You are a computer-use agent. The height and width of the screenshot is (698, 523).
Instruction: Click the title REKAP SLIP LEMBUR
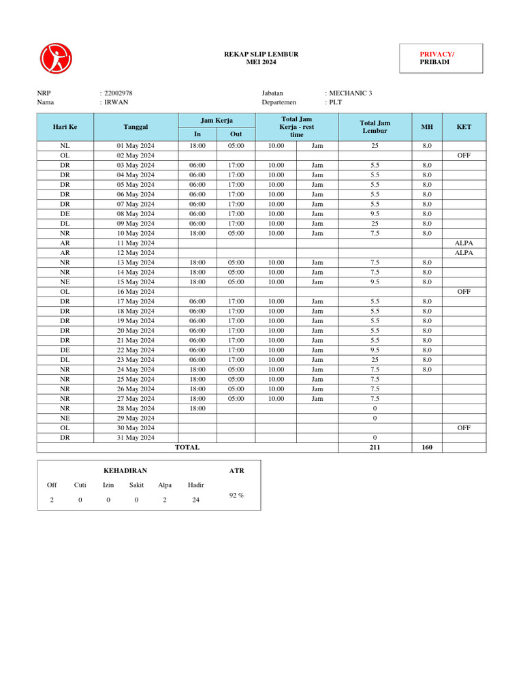261,54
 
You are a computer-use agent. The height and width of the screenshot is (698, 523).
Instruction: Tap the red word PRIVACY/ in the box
437,54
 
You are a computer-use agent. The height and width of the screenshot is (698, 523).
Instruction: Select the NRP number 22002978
118,93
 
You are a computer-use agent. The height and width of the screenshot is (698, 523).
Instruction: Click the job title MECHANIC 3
351,93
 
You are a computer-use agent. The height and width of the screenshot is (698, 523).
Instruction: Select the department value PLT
336,102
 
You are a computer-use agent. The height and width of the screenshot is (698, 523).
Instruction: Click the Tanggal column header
136,127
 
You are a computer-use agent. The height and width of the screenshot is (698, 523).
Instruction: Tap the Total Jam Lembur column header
375,127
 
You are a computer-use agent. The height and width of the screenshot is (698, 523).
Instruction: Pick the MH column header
426,127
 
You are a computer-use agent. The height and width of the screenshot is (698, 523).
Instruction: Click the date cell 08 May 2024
136,214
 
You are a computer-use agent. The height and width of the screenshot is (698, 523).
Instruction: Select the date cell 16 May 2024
136,291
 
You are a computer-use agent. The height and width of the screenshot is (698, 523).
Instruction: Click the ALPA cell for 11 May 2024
464,243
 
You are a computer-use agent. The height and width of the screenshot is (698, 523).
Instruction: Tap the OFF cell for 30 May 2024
464,427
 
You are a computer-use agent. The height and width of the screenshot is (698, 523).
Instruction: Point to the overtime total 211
375,447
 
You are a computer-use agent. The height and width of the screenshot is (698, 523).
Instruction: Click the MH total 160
426,447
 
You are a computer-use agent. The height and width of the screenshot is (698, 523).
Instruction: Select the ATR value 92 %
236,496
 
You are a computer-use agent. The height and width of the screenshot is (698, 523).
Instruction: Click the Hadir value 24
196,500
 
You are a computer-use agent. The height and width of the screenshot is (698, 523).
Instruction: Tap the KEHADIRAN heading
125,471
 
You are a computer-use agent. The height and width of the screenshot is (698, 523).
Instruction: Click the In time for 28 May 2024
197,408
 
